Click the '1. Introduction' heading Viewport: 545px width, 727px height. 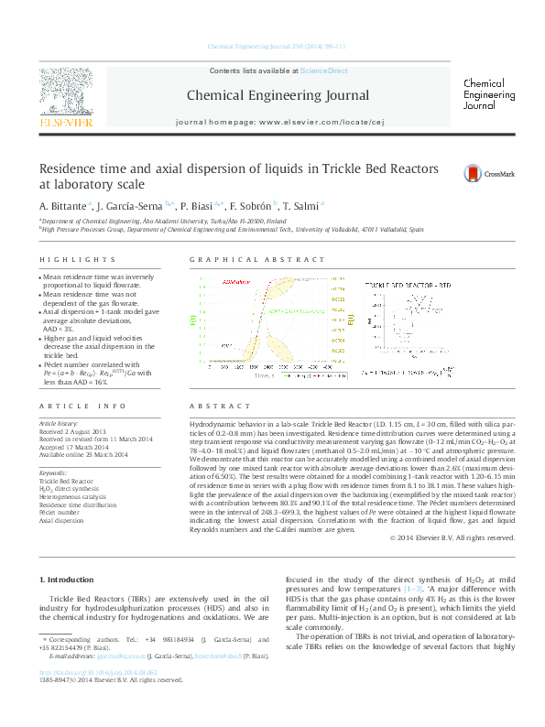pyautogui.click(x=70, y=581)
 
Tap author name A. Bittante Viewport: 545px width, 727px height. pyautogui.click(x=64, y=206)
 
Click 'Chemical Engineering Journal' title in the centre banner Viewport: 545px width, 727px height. pyautogui.click(x=278, y=95)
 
